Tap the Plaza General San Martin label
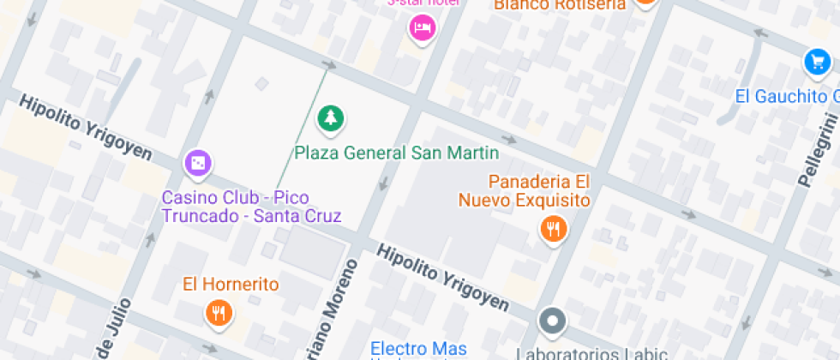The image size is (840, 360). tap(397, 153)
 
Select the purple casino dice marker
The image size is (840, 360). tap(198, 163)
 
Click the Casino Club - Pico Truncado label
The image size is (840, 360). tap(251, 207)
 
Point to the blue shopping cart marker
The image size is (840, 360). tap(817, 62)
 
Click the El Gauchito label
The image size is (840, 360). tap(785, 95)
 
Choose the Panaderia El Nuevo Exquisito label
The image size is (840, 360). tap(539, 191)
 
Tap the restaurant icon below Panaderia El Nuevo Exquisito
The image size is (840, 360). tap(553, 229)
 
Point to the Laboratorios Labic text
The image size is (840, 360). tap(579, 352)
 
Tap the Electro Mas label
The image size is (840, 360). tap(418, 348)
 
